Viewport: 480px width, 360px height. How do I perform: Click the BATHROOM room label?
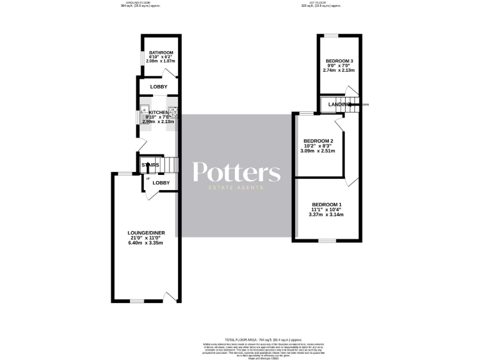tap(157, 52)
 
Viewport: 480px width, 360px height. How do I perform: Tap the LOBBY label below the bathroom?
tap(157, 86)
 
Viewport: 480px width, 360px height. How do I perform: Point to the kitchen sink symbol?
tap(144, 107)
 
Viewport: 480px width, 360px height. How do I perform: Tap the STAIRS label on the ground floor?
tap(150, 165)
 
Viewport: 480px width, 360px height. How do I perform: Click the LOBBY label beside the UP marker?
tap(161, 182)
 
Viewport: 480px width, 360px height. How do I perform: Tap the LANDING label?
tap(339, 104)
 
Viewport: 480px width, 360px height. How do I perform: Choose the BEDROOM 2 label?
tap(318, 141)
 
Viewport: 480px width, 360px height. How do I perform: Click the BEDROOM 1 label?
tap(327, 205)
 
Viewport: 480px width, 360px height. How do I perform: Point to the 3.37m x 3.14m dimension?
tap(327, 215)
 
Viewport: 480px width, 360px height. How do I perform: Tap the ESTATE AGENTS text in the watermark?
tap(236, 187)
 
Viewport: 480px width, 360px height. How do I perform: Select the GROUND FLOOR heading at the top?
tap(139, 2)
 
